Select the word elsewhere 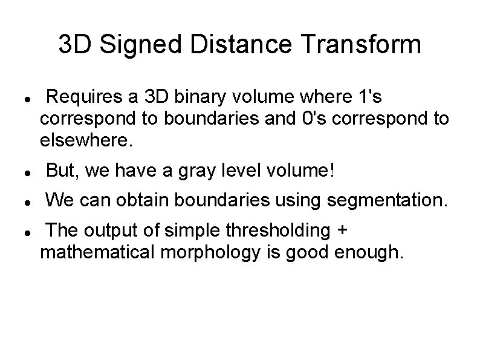pos(84,140)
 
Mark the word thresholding pos(281,231)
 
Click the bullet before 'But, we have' pos(21,173)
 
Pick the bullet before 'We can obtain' pos(21,201)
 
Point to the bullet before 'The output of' pos(21,232)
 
